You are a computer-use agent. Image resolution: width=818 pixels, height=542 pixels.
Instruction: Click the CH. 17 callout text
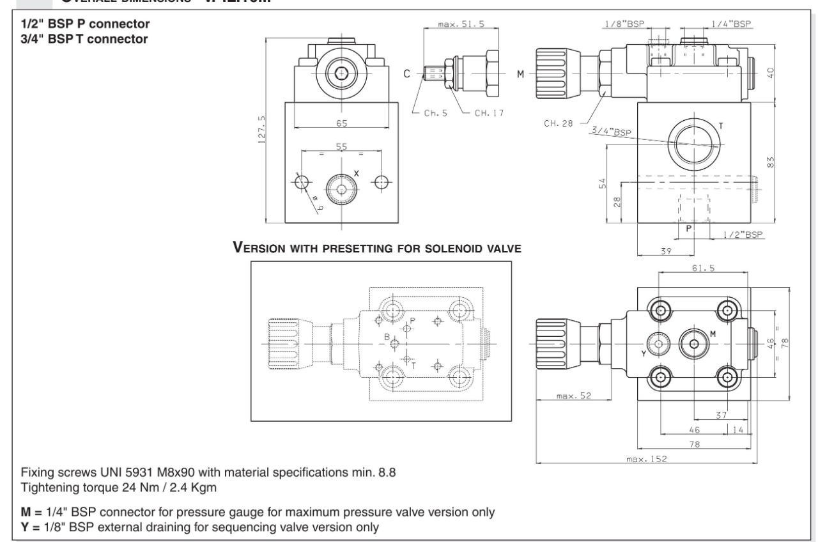pos(489,112)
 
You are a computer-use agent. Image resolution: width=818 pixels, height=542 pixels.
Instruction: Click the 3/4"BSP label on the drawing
pos(609,131)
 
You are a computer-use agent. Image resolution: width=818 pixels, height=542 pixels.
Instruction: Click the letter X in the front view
pos(357,173)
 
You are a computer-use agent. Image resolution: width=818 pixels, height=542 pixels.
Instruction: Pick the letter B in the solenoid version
pos(387,337)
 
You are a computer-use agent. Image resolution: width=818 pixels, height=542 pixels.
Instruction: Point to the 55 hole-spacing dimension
pos(342,146)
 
